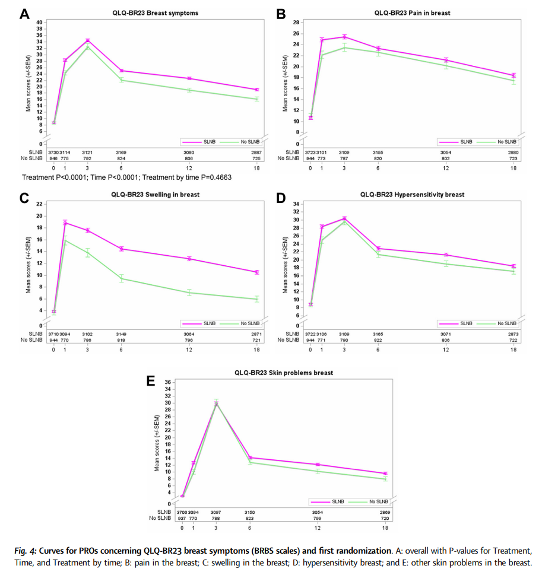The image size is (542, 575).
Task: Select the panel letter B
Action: (x=281, y=14)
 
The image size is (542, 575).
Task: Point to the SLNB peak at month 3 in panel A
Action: (x=87, y=40)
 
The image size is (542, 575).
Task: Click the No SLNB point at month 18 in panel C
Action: (x=256, y=299)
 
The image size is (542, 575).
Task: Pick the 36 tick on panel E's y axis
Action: (x=167, y=382)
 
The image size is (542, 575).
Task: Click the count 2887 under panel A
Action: (x=256, y=153)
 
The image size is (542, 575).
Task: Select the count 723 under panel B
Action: (x=514, y=158)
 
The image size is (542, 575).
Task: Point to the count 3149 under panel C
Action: (x=121, y=334)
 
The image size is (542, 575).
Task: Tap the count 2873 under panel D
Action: (x=514, y=334)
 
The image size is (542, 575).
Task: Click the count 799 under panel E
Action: (x=318, y=518)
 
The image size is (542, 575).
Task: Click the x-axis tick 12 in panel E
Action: (x=318, y=528)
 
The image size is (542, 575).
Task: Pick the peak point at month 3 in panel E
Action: (x=216, y=404)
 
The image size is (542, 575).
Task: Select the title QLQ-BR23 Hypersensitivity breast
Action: (x=412, y=195)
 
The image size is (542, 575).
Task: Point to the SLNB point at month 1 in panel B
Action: (x=322, y=40)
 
